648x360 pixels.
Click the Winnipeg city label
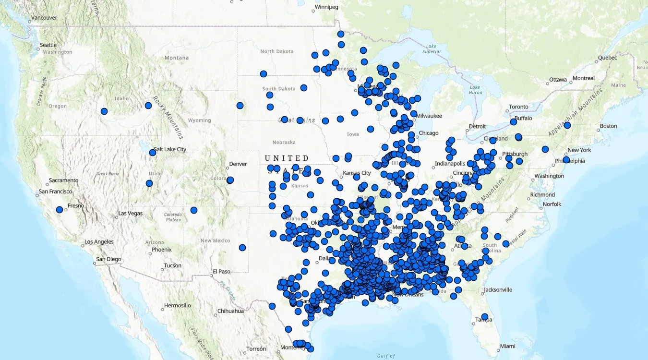pyautogui.click(x=326, y=7)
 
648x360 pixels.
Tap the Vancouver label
pyautogui.click(x=44, y=18)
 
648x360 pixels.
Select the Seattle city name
pyautogui.click(x=48, y=45)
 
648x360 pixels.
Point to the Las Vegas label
pyautogui.click(x=131, y=213)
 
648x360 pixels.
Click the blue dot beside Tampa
pyautogui.click(x=485, y=317)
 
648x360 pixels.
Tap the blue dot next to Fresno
pyautogui.click(x=60, y=210)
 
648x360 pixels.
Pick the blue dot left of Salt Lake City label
pyautogui.click(x=153, y=153)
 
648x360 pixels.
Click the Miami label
pyautogui.click(x=507, y=346)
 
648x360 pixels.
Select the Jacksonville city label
pyautogui.click(x=498, y=290)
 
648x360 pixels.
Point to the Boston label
pyautogui.click(x=608, y=126)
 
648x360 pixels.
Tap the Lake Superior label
pyautogui.click(x=431, y=48)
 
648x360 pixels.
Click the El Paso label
pyautogui.click(x=222, y=272)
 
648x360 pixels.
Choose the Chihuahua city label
pyautogui.click(x=230, y=311)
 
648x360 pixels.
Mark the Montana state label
pyautogui.click(x=177, y=58)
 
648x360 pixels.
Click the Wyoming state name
pyautogui.click(x=199, y=120)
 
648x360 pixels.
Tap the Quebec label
pyautogui.click(x=607, y=58)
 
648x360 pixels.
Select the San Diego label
pyautogui.click(x=108, y=259)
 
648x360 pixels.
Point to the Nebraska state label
pyautogui.click(x=284, y=143)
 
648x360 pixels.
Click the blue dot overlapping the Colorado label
pyautogui.click(x=230, y=180)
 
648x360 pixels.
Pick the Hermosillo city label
pyautogui.click(x=177, y=305)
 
